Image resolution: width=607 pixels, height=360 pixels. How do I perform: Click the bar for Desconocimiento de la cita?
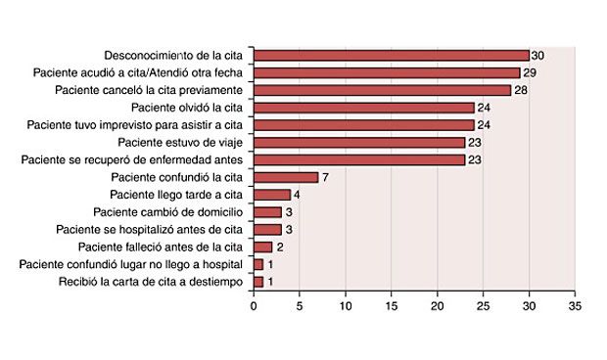pos(392,56)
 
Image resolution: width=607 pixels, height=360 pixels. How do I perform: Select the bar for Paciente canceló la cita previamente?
pos(382,90)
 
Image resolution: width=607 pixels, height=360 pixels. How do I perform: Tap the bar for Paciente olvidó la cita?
pos(364,108)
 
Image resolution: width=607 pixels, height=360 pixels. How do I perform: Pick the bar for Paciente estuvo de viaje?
pos(359,142)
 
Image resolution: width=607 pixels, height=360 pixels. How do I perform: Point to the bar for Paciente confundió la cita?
pos(286,177)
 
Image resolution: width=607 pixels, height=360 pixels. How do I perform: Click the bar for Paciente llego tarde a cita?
pos(272,195)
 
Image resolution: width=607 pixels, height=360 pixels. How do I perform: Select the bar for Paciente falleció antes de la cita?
pos(263,247)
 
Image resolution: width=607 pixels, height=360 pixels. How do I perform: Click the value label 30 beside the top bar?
pos(537,56)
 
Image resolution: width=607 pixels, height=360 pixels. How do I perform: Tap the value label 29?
pos(529,73)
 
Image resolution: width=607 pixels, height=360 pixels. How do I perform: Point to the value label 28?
pos(520,90)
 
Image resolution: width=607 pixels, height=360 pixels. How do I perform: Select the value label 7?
pos(325,177)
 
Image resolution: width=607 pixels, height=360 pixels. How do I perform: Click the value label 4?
pos(298,195)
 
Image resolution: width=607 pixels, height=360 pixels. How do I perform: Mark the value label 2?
pos(279,247)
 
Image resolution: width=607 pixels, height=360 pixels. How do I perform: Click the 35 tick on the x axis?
pos(575,306)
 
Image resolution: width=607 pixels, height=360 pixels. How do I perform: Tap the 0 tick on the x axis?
pos(255,306)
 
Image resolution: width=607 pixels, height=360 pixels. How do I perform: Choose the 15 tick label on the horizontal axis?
pos(392,306)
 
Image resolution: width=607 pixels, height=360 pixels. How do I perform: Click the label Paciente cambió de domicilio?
pos(172,212)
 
